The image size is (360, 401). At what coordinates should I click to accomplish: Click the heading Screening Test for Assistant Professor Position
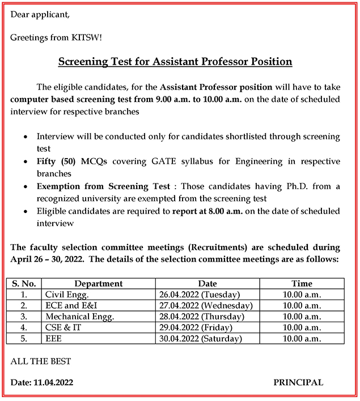click(x=175, y=61)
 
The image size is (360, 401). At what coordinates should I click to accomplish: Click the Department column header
click(x=98, y=283)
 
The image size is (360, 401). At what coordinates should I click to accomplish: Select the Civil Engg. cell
click(x=67, y=295)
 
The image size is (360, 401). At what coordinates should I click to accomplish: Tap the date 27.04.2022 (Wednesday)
click(x=206, y=305)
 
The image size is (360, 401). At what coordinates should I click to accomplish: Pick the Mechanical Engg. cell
click(x=79, y=317)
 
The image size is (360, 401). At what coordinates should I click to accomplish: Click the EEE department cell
click(x=54, y=339)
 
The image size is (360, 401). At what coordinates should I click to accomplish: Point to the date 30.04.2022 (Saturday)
click(x=201, y=339)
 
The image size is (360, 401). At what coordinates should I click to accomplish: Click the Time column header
click(x=302, y=283)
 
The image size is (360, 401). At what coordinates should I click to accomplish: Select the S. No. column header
click(x=24, y=283)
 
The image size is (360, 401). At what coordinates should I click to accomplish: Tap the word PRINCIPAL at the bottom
click(x=298, y=382)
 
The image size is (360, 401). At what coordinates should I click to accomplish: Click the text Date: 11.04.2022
click(x=42, y=382)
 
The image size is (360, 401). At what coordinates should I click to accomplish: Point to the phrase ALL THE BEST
click(x=41, y=361)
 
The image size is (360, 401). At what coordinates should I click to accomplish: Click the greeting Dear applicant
click(x=40, y=14)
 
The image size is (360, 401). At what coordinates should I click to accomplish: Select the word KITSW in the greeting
click(x=87, y=37)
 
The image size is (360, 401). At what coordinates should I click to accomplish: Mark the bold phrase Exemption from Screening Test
click(x=103, y=186)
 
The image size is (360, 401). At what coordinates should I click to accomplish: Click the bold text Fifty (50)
click(x=57, y=161)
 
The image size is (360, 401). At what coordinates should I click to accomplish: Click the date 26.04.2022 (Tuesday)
click(x=199, y=295)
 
